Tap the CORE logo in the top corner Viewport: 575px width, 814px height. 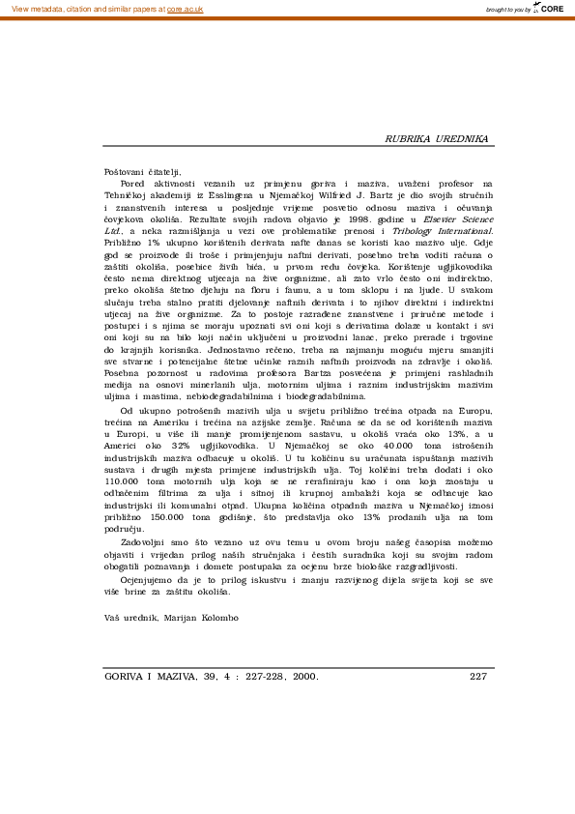tap(550, 8)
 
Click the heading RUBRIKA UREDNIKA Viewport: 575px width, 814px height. tap(437, 139)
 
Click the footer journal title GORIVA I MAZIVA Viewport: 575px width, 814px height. tap(144, 677)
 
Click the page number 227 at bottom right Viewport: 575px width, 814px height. tap(478, 677)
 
